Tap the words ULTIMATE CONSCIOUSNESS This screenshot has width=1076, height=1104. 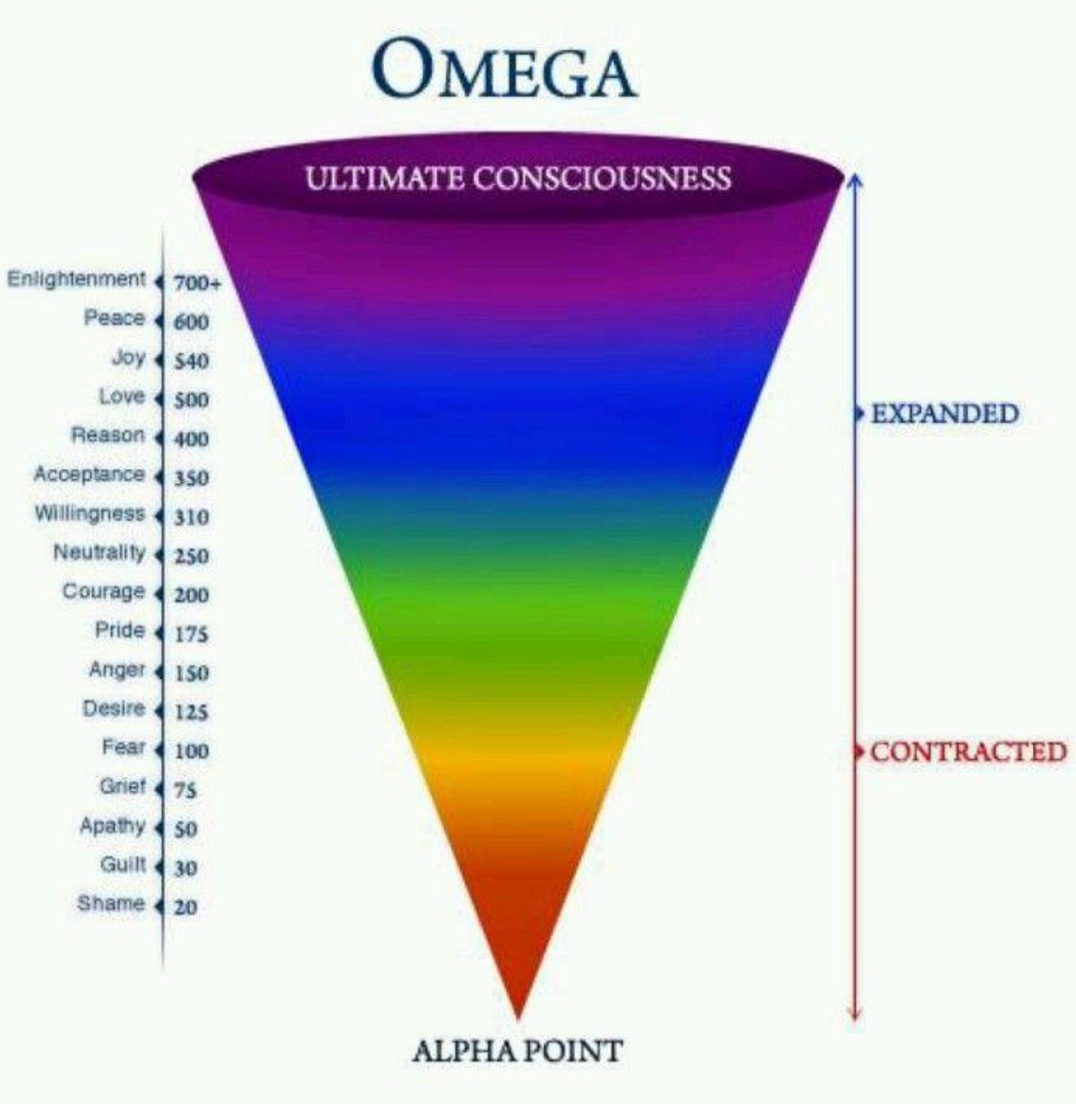(519, 178)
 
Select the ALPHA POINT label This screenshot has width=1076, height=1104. (517, 1050)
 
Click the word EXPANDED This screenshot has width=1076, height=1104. (945, 413)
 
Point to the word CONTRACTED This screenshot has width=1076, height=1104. (968, 752)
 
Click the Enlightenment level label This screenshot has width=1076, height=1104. (77, 278)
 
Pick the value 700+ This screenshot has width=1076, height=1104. (197, 283)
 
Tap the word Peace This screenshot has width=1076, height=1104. (114, 317)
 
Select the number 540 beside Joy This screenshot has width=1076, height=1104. (191, 361)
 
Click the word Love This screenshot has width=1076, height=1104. (122, 396)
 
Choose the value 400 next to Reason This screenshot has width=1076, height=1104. (191, 438)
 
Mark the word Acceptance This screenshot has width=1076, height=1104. (90, 474)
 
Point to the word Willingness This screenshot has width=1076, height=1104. (90, 513)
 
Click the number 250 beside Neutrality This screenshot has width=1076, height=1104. (191, 556)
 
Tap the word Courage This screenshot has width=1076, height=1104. (104, 591)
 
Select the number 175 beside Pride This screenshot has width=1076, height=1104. (191, 634)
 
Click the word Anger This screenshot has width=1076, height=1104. (117, 669)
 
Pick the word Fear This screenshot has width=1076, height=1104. (124, 747)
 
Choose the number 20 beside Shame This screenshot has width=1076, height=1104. (185, 907)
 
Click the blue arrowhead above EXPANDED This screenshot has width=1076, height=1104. (856, 180)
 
